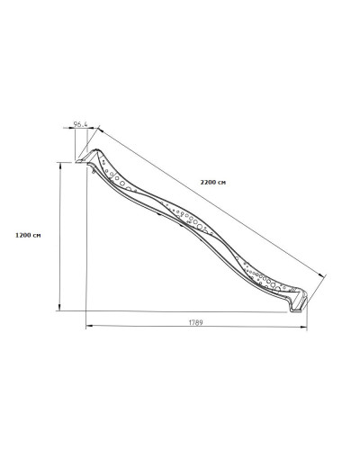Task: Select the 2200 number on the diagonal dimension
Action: tap(207, 182)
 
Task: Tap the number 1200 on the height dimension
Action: tap(22, 235)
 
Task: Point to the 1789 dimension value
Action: tap(195, 322)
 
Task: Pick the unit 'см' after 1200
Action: tap(36, 236)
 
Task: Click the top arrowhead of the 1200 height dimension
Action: tap(61, 166)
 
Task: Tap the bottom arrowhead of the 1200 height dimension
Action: tap(60, 308)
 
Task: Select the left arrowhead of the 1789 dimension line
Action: tap(89, 326)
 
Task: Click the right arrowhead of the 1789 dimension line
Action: tap(304, 328)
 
